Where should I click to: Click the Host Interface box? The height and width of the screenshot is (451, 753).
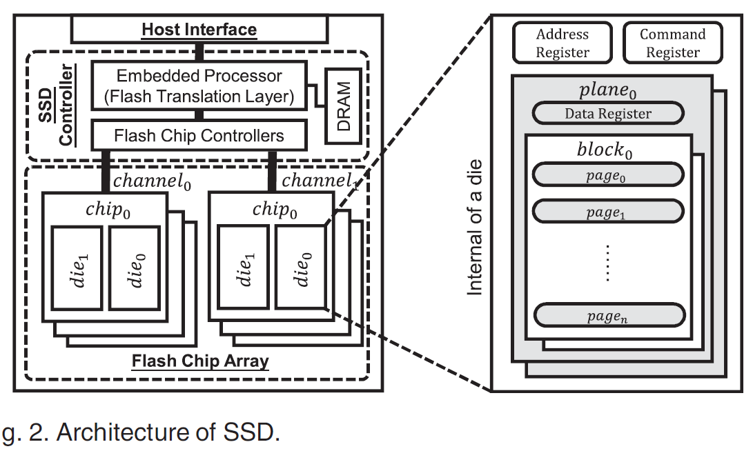pos(199,30)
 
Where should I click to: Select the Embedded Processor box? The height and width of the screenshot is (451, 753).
pos(199,86)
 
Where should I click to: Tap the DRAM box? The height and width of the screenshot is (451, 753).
pos(344,106)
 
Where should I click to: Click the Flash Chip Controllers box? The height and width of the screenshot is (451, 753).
pos(199,135)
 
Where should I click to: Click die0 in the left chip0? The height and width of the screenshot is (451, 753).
pos(135,268)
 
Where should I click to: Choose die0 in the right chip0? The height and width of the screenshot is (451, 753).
pos(300,268)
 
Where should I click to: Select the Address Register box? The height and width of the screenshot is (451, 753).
pos(563,43)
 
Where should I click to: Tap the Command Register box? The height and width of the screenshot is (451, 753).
pos(672,43)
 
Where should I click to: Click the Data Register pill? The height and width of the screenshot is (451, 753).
pos(607,114)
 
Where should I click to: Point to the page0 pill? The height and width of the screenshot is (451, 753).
pos(608,176)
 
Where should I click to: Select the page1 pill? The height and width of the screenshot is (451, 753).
pos(608,212)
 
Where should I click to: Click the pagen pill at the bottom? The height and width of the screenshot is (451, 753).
pos(608,316)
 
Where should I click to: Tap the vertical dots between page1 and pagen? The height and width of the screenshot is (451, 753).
pos(607,263)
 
